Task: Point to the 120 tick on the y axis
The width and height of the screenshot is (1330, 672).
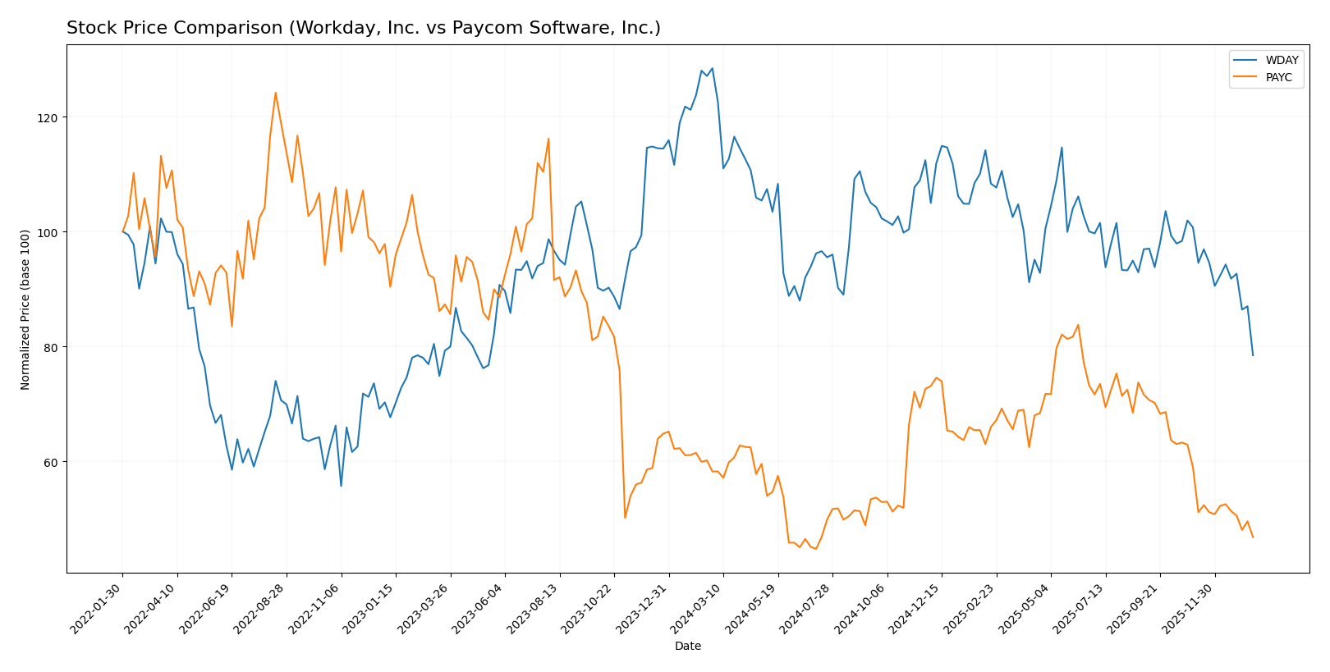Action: (48, 117)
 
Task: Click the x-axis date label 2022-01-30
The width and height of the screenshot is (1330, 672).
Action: (97, 608)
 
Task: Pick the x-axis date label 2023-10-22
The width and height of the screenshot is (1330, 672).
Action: (588, 608)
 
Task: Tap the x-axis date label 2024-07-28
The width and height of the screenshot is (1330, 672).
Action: (806, 608)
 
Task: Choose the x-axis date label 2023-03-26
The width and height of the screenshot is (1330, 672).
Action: (424, 608)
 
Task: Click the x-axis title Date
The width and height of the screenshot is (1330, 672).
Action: (687, 647)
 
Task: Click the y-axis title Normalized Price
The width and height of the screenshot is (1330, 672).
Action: (25, 309)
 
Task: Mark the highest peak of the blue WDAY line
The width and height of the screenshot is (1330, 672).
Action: (712, 68)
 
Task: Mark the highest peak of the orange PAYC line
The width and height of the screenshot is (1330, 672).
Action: (275, 93)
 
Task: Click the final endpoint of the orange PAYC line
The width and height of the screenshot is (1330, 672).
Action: (1253, 537)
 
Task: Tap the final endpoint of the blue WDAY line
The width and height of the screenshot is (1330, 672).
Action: (1253, 355)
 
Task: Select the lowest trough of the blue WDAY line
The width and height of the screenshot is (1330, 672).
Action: (341, 486)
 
